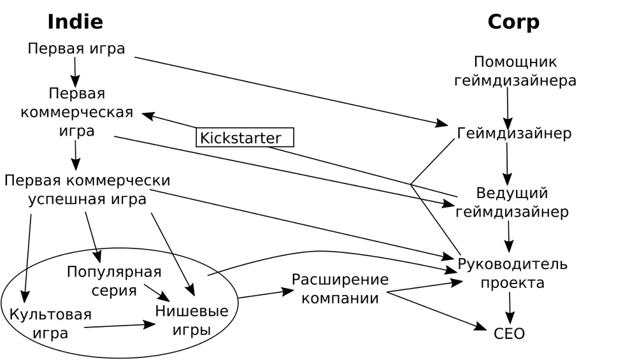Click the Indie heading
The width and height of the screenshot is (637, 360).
(x=75, y=22)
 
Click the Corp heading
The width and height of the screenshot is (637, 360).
(x=513, y=22)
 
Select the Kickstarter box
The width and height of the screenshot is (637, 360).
(x=245, y=138)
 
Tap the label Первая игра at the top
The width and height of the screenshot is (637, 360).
(x=76, y=49)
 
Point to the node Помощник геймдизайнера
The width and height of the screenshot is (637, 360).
(x=515, y=71)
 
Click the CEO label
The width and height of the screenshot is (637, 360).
(x=509, y=334)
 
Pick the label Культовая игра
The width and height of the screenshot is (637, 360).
(x=50, y=324)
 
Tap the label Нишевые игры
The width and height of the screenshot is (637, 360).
(x=192, y=321)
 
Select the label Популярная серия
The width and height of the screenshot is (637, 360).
(x=114, y=281)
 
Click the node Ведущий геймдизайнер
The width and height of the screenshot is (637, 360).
(x=512, y=203)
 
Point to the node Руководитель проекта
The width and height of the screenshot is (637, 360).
(x=512, y=273)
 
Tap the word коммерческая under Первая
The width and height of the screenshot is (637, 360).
(x=76, y=113)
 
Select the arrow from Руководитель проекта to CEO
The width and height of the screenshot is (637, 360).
(x=509, y=308)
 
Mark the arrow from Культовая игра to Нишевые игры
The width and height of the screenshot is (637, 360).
(x=120, y=326)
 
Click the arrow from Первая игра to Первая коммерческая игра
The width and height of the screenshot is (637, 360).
(x=75, y=71)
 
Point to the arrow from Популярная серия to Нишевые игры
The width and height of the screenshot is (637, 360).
(x=157, y=293)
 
